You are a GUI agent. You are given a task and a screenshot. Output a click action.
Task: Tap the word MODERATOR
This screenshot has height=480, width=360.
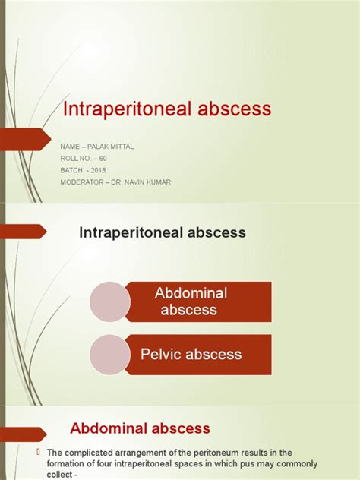click(x=83, y=182)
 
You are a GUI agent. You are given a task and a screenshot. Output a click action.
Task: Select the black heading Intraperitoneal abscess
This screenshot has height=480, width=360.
click(x=163, y=233)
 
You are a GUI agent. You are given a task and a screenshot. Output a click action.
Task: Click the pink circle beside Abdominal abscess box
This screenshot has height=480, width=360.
click(x=110, y=302)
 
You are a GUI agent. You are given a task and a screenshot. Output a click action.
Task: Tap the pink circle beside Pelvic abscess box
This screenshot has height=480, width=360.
click(x=110, y=355)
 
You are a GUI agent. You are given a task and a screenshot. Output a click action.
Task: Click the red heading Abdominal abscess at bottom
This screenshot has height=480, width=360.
click(x=140, y=428)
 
